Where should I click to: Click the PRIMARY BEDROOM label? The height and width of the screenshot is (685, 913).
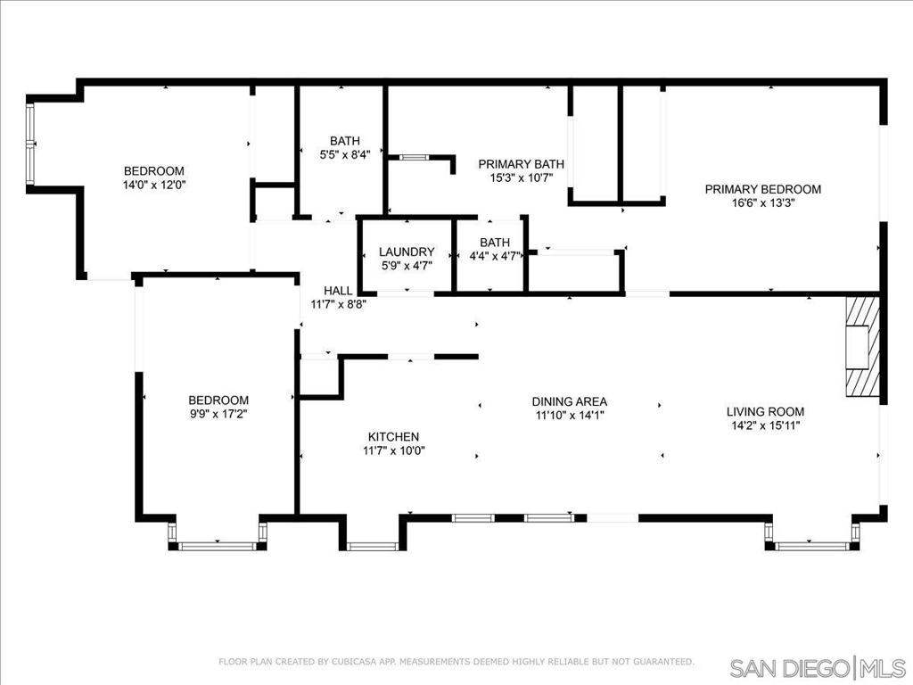tap(762, 189)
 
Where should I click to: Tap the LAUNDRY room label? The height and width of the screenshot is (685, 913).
tap(407, 252)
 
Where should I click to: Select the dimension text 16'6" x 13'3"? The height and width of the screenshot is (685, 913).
tap(762, 202)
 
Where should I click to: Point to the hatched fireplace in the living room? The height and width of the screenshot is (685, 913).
tap(862, 345)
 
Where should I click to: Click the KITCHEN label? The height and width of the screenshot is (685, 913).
tap(393, 437)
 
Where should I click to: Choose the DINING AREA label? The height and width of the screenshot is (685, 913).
tap(570, 401)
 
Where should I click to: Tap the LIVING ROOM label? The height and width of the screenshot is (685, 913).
tap(765, 412)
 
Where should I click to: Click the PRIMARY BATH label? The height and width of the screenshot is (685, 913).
tap(522, 164)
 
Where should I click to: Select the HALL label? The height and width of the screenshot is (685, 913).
tap(338, 291)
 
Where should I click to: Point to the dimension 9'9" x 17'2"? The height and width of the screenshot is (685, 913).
tap(218, 414)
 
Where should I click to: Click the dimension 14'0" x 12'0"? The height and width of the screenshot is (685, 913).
tap(154, 185)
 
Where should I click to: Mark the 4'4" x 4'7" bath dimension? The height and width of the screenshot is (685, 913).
tap(495, 256)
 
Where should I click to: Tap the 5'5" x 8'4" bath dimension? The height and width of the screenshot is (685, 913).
tap(345, 154)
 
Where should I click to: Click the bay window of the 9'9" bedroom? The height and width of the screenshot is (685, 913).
tap(218, 543)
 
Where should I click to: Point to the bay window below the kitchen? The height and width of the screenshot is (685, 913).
tap(372, 545)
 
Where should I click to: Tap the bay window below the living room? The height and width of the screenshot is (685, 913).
tap(811, 543)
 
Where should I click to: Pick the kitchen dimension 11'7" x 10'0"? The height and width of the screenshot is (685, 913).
tap(393, 450)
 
